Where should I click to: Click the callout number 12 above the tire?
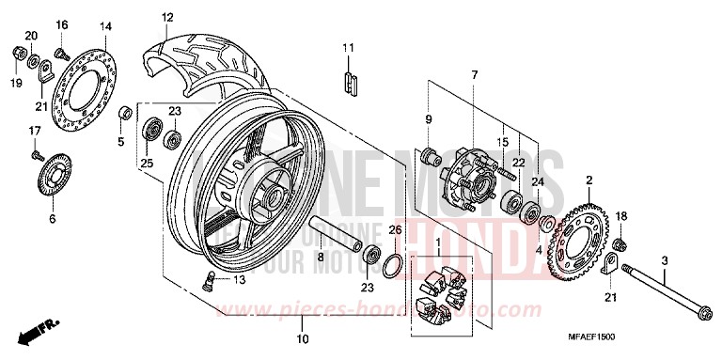(167, 17)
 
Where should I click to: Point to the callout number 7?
(475, 74)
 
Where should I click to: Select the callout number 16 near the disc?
(62, 24)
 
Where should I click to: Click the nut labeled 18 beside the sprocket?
(620, 246)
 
